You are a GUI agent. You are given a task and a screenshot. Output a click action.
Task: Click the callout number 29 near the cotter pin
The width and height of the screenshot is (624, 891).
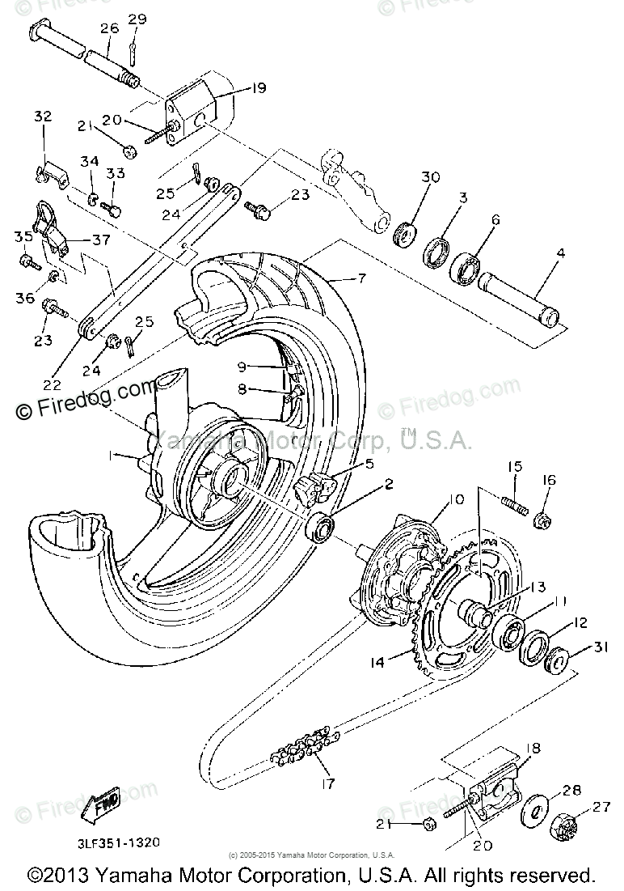coord(137,19)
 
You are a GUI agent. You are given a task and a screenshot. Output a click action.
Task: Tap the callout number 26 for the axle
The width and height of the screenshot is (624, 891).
coord(109,28)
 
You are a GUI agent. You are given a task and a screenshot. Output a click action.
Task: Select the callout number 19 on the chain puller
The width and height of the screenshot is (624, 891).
coord(235,90)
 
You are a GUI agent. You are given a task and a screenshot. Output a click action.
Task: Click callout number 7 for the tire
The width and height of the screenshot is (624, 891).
coord(356,278)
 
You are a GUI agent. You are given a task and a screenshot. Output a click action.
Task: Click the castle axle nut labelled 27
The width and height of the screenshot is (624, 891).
coord(565,826)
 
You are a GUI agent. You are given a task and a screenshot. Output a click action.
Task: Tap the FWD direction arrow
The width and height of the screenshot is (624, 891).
coord(108,804)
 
